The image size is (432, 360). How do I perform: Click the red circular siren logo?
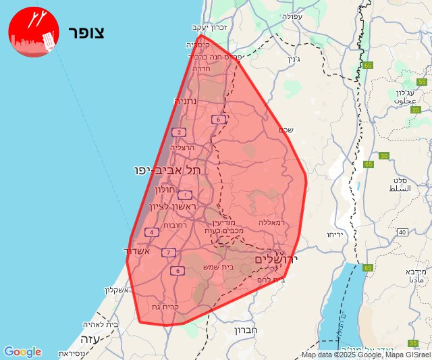(32, 32)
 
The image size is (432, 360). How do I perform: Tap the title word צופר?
(86, 32)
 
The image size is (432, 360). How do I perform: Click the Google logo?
(22, 352)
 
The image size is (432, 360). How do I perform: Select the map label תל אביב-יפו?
(167, 170)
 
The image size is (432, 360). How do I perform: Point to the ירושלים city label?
(276, 259)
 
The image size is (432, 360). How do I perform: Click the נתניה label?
(186, 101)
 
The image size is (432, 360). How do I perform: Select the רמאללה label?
(273, 222)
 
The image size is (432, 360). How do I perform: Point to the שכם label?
(286, 130)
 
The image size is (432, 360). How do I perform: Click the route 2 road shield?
(178, 132)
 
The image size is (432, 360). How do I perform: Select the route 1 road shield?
(185, 195)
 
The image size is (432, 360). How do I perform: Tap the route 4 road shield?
(151, 232)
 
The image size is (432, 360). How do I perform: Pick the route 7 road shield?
(169, 253)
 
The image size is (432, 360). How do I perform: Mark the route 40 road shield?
(402, 232)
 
